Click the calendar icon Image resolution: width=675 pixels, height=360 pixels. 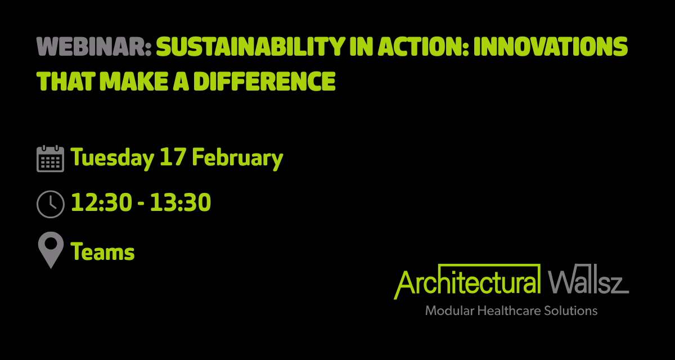(x=50, y=159)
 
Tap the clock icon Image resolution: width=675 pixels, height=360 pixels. (x=50, y=204)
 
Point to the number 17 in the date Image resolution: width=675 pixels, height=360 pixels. (x=172, y=158)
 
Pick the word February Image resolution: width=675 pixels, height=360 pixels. (x=237, y=159)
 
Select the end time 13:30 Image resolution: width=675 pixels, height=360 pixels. (x=181, y=203)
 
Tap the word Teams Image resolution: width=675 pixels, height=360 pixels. (x=103, y=252)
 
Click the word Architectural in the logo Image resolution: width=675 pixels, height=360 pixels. (x=467, y=281)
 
